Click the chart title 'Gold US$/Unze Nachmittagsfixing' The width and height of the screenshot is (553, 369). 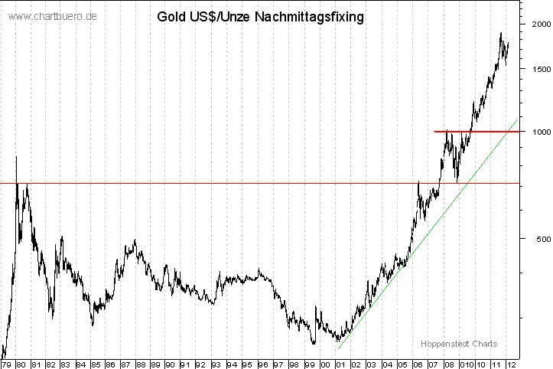[260, 15]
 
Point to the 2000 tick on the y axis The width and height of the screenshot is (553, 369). [540, 24]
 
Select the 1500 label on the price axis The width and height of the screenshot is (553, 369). [540, 69]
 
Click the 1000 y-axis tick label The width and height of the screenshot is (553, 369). [540, 132]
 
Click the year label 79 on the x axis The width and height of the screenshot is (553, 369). [7, 364]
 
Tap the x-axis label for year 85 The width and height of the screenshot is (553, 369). [96, 364]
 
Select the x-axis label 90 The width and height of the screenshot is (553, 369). [171, 364]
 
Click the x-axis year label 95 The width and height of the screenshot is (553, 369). [246, 364]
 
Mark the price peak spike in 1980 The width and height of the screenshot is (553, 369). [17, 158]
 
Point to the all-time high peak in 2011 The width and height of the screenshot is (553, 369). [501, 34]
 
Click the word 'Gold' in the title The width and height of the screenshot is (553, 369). [170, 15]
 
